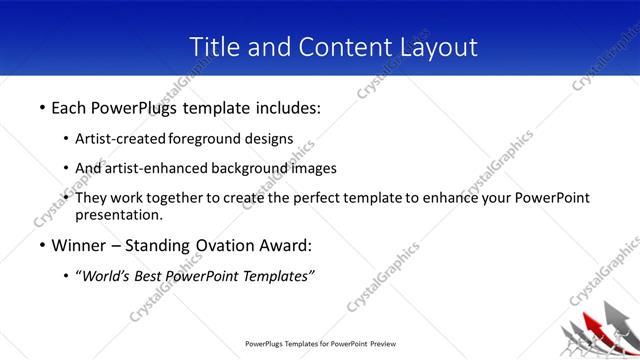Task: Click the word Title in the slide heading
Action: point(213,47)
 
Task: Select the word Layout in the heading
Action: point(434,47)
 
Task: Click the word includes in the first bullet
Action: point(284,106)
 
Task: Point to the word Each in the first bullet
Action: point(71,106)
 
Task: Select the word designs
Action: point(268,138)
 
